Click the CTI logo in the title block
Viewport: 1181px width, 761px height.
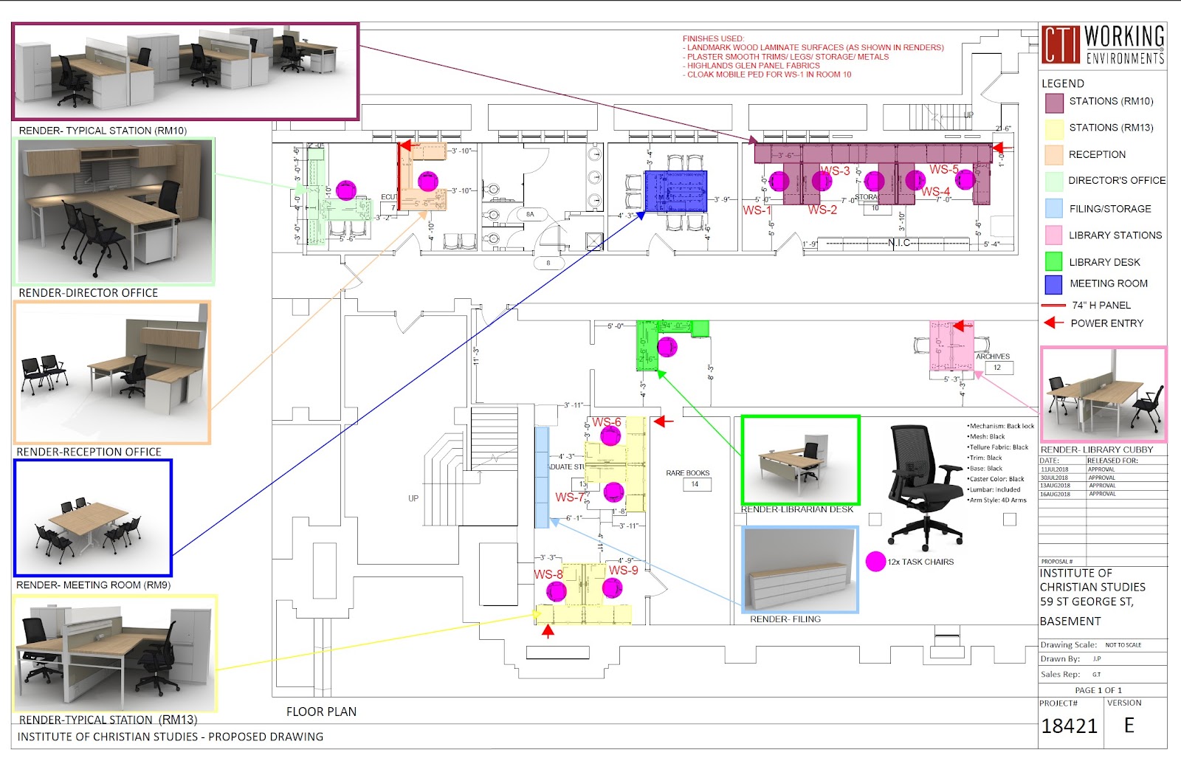(1060, 44)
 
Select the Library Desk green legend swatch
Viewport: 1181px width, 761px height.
(1053, 261)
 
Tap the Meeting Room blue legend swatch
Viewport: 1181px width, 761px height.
(1053, 284)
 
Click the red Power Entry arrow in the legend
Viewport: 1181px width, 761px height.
(1053, 323)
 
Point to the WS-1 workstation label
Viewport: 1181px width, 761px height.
(757, 210)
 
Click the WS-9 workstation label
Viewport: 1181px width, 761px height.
(623, 570)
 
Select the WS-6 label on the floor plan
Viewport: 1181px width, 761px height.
(607, 422)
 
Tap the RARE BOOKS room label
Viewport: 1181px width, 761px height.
(687, 473)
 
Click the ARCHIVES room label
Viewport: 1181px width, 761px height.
(992, 357)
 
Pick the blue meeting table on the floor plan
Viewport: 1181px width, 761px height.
(675, 191)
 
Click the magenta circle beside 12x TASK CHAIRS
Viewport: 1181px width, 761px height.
(875, 562)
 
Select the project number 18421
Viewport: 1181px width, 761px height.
(1069, 726)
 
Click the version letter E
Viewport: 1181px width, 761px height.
(1129, 725)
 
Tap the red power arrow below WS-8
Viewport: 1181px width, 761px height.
(548, 631)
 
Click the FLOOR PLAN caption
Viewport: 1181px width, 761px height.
(321, 712)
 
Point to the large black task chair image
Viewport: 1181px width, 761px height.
(922, 483)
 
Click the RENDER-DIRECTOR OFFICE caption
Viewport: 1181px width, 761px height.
(89, 293)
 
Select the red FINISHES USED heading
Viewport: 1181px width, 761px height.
(713, 38)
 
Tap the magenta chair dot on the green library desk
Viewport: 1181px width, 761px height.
(667, 347)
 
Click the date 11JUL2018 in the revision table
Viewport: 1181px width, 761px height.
(1055, 469)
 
